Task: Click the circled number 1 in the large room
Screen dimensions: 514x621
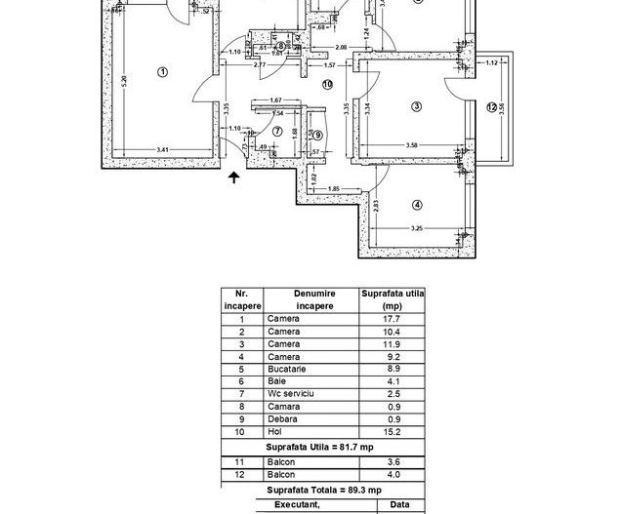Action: tap(162, 70)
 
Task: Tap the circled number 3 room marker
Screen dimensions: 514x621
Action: tap(416, 106)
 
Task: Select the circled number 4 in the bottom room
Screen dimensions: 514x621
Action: tap(417, 205)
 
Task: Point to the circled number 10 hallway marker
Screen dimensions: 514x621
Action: tap(327, 84)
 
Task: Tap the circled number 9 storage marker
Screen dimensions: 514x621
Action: tap(318, 135)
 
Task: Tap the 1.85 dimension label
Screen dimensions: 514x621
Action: tap(333, 188)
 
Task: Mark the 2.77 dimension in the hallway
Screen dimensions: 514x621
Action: tap(260, 64)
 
